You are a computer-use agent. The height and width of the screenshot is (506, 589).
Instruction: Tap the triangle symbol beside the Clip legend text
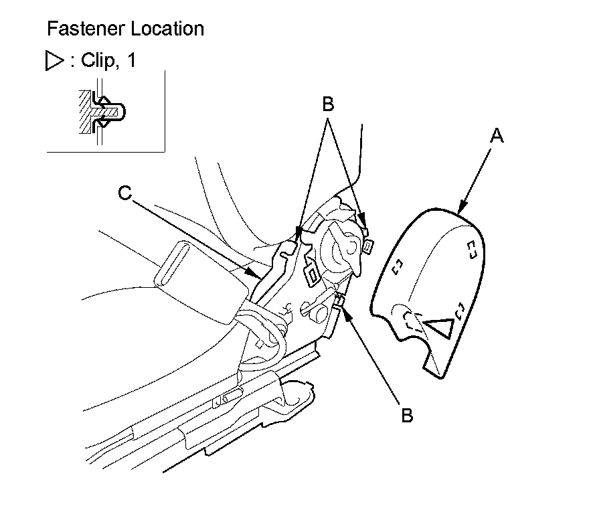[52, 62]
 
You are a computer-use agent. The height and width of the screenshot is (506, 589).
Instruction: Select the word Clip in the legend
[98, 61]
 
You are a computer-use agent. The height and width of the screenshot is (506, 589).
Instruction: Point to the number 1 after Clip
[131, 61]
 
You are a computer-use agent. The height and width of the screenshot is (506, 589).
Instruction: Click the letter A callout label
[496, 137]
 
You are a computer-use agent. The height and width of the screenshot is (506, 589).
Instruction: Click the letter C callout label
[123, 193]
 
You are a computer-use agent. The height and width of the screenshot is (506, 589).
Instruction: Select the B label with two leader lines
[328, 105]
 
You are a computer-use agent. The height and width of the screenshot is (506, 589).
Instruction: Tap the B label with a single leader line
[407, 414]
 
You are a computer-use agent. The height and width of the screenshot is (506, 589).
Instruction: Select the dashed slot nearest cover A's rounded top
[471, 248]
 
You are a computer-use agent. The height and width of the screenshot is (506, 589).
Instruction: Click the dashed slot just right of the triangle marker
[459, 312]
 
